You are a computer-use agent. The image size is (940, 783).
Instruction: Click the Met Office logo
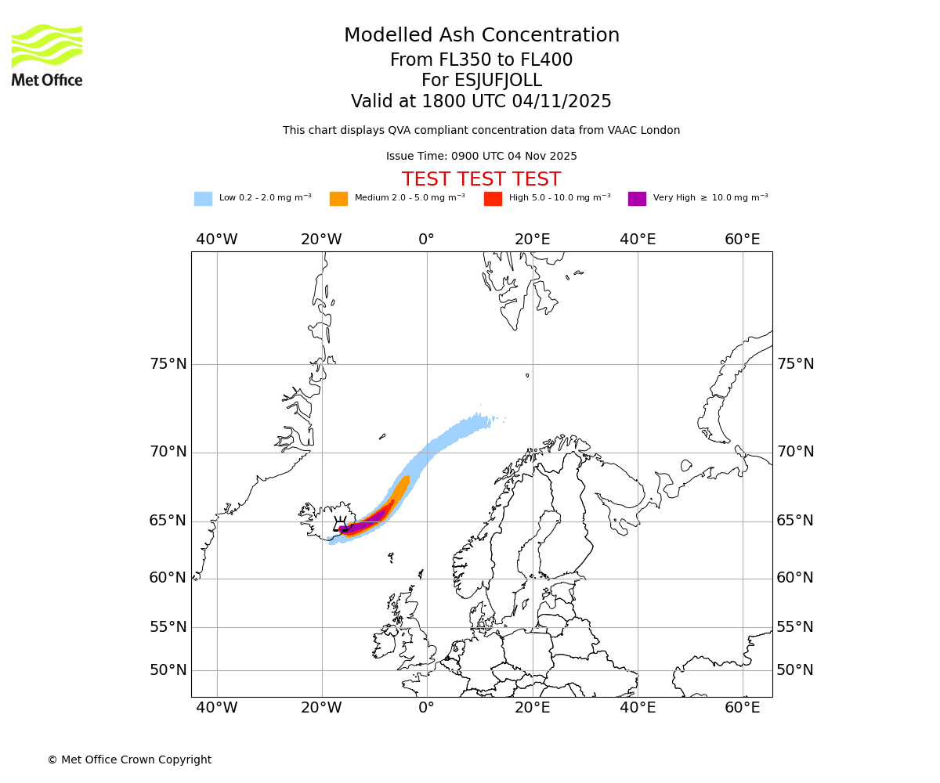(47, 55)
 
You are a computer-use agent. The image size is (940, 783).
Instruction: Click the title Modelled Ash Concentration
(481, 35)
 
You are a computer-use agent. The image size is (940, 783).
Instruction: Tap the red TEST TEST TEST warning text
(481, 179)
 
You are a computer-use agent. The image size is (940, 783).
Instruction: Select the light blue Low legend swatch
(203, 198)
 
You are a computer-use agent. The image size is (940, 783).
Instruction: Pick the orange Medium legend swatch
(338, 198)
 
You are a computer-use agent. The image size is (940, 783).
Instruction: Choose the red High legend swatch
(493, 198)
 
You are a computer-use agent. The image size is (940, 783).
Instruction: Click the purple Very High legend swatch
(637, 198)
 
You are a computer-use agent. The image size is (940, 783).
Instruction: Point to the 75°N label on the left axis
(168, 364)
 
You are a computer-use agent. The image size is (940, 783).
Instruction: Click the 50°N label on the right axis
(795, 670)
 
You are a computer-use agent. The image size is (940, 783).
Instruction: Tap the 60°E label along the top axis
(742, 240)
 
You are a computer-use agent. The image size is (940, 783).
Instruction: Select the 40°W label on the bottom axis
(217, 709)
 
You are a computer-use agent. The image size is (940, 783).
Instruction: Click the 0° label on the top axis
(426, 240)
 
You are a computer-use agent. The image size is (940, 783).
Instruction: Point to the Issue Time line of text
(481, 157)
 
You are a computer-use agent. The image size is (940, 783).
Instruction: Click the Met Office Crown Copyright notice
(129, 760)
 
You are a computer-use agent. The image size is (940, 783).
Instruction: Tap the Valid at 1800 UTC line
(481, 101)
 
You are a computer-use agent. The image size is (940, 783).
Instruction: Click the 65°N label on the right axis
(795, 521)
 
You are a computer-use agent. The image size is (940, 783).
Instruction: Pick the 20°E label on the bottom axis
(533, 709)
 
